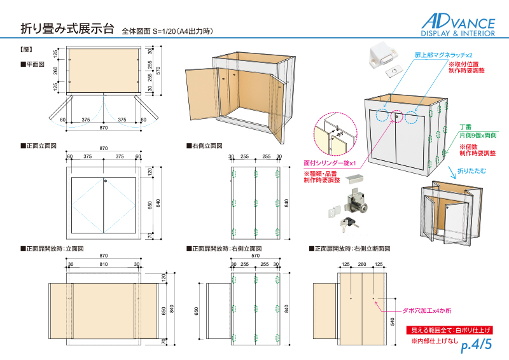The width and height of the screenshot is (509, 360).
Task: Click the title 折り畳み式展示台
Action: coord(67,28)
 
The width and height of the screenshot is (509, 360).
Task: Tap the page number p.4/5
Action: coord(476,345)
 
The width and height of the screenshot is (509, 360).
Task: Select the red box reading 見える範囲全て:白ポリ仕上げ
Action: coord(450,330)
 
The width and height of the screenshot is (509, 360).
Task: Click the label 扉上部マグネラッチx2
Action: coord(443,55)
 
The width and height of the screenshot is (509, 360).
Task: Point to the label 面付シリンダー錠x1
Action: coord(330,163)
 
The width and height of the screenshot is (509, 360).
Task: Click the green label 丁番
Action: coord(466,127)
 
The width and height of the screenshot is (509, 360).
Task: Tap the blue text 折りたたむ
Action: coord(471,170)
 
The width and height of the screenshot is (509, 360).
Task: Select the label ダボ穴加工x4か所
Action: coord(427,310)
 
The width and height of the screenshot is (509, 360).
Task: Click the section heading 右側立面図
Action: coord(204,146)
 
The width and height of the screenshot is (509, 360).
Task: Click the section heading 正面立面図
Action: coord(39,146)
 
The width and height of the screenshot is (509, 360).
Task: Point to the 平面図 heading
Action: coord(32,64)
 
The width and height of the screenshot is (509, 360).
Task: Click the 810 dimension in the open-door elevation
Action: coord(104,264)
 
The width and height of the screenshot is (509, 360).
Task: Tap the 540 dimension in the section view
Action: coord(393,322)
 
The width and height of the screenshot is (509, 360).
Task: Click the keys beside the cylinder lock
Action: coord(348,223)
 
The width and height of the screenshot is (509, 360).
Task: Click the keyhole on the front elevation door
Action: coord(106,181)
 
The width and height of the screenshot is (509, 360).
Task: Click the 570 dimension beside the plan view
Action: coord(158,71)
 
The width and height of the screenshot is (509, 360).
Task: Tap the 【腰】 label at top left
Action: coord(26,50)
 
